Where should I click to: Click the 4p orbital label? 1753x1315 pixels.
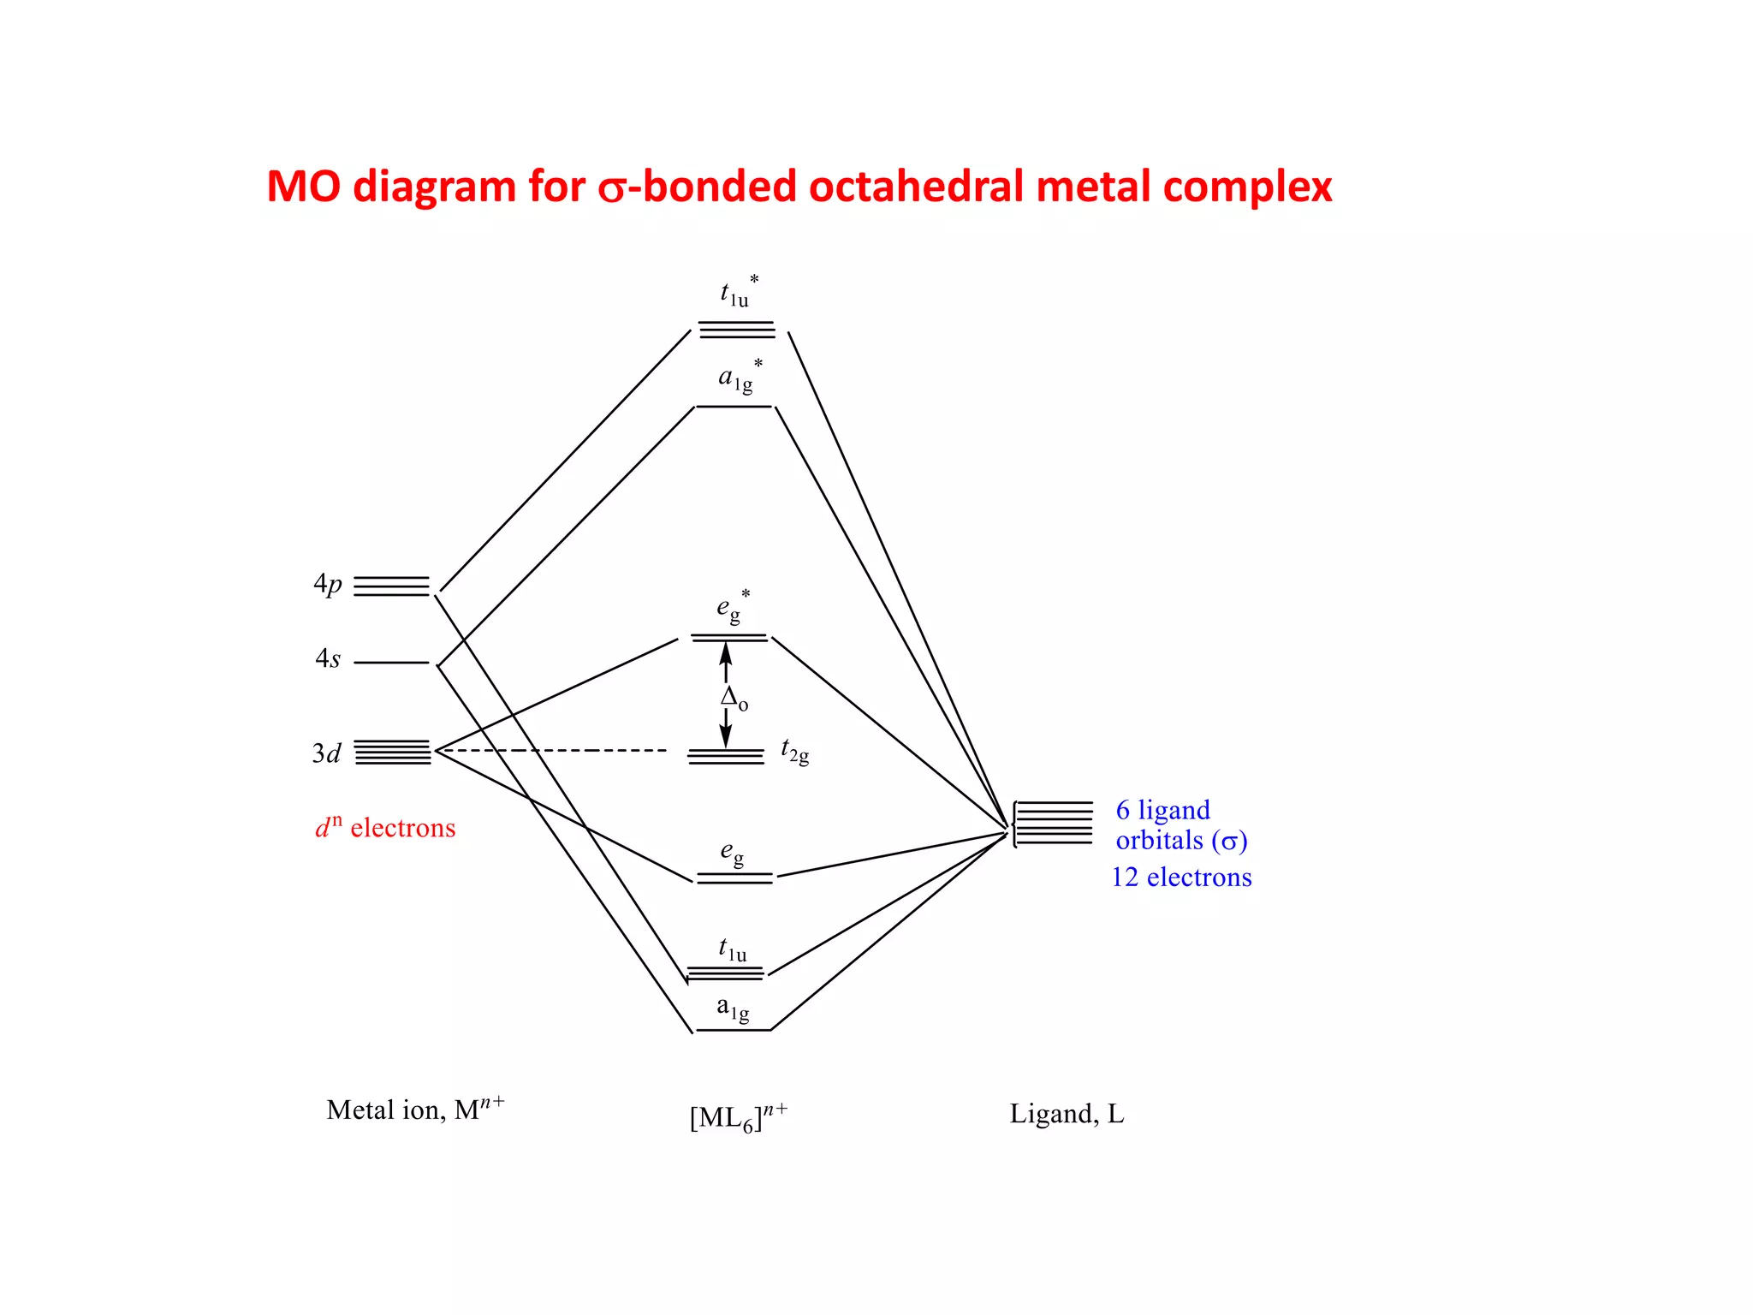328,585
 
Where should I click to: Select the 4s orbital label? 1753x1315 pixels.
328,659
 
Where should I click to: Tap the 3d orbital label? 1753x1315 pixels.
327,753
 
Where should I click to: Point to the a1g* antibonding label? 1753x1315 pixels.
739,378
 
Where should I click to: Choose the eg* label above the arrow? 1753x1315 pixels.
733,607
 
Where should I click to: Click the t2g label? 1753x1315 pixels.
795,752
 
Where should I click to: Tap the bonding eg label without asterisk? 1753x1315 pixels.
732,853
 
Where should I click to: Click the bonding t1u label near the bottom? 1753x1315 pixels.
733,949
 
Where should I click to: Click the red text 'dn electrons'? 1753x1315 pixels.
385,828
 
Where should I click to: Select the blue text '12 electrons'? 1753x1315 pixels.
1181,878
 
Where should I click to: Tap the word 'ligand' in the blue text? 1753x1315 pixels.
1174,810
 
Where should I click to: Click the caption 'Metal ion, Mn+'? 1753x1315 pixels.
415,1110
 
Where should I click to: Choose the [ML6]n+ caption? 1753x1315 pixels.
739,1117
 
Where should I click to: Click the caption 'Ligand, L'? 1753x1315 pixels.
1067,1114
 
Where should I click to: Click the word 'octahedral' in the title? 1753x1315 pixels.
917,187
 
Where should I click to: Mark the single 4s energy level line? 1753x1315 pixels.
391,663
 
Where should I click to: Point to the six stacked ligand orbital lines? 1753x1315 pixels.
1054,824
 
